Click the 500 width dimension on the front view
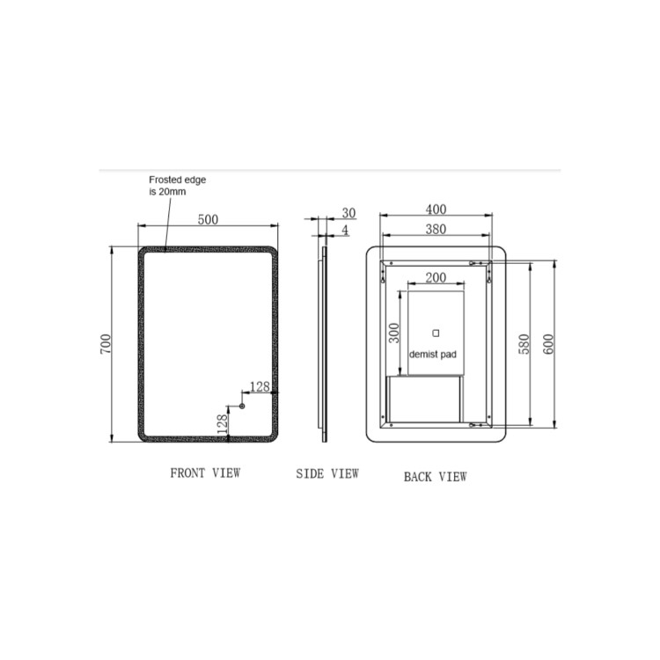[x=208, y=219]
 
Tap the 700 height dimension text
[x=106, y=343]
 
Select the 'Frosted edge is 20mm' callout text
[x=176, y=185]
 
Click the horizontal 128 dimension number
[x=260, y=386]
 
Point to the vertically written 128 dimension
[x=222, y=423]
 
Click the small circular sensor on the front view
[x=241, y=406]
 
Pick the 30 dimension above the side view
[x=348, y=213]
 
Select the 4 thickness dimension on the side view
[x=345, y=230]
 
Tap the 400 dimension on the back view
[x=436, y=209]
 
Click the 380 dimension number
[x=436, y=229]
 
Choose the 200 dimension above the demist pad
[x=436, y=277]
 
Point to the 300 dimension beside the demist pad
[x=395, y=332]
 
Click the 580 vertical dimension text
[x=524, y=343]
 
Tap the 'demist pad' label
[x=433, y=355]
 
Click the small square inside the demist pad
[x=434, y=333]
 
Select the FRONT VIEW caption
[x=204, y=473]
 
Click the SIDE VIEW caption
[x=326, y=473]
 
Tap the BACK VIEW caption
[x=435, y=477]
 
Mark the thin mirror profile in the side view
[x=324, y=343]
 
